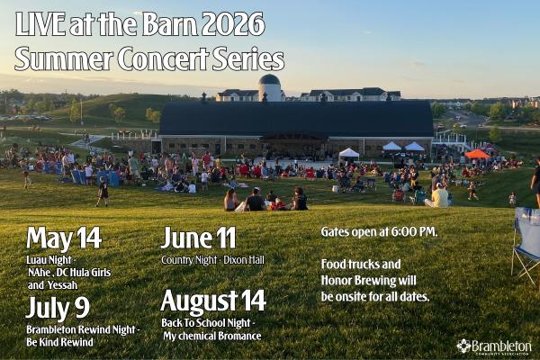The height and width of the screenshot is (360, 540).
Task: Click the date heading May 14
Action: (x=63, y=238)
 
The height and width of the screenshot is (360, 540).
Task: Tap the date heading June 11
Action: (x=198, y=238)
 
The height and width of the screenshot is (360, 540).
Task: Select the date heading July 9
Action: (x=59, y=309)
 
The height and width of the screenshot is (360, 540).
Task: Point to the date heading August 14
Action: (x=213, y=301)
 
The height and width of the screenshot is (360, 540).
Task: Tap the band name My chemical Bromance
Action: (x=212, y=336)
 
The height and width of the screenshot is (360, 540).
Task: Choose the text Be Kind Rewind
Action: (x=59, y=343)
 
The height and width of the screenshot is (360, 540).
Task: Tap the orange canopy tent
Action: (x=477, y=154)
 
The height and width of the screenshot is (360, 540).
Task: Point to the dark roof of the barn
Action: (x=297, y=117)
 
